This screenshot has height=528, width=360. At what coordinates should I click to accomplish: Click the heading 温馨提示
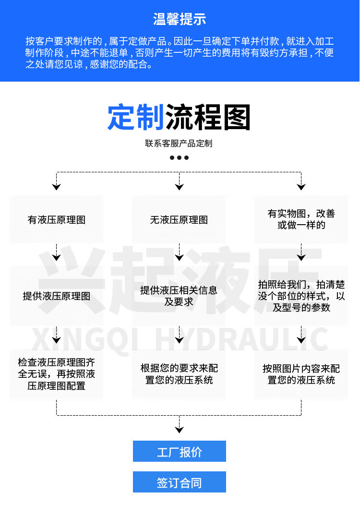coord(180,20)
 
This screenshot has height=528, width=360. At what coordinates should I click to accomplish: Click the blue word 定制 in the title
coord(136,117)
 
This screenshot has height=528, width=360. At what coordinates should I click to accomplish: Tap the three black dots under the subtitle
coord(179,157)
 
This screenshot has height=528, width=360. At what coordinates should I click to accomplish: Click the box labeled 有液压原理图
coord(57,220)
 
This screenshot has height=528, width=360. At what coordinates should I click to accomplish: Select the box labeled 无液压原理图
coord(179,220)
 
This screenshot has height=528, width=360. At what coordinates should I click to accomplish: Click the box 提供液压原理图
coord(57,296)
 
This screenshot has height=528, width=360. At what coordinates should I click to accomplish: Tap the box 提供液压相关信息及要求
coord(179,296)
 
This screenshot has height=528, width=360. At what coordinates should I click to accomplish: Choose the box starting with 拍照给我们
coord(301,296)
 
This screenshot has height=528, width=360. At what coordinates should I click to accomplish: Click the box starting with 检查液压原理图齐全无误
coord(57,373)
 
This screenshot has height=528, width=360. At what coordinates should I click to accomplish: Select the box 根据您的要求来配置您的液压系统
coord(179,374)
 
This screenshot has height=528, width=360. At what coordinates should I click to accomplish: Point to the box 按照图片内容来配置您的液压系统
coord(301,374)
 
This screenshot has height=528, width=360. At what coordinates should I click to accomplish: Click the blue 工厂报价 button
coord(180,452)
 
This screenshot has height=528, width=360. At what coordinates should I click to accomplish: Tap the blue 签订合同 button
coord(180,482)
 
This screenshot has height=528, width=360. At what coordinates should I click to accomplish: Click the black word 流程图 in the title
coord(208,117)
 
